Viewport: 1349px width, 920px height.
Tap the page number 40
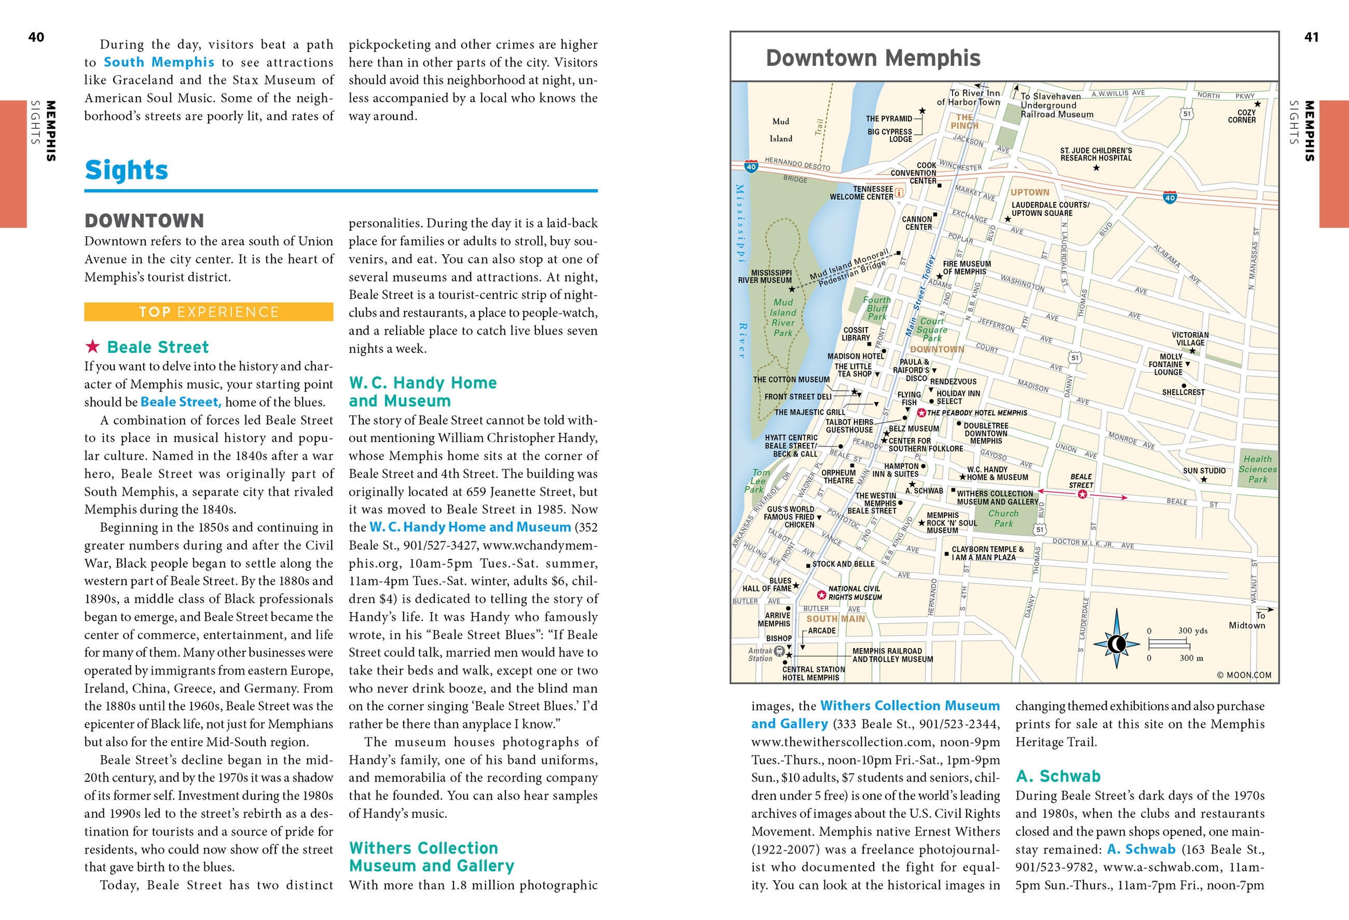pos(36,37)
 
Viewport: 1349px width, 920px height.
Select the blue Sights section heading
pos(126,170)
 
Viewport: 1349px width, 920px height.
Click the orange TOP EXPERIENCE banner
pos(209,312)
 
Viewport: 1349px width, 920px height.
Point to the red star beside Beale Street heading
pos(92,347)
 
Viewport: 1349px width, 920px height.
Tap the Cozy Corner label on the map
pos(1241,116)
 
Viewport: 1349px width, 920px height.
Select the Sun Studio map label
pos(1204,471)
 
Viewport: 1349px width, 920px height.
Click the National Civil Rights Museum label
pos(855,593)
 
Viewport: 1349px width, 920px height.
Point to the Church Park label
pos(1003,518)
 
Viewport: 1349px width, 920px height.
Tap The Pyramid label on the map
pos(889,119)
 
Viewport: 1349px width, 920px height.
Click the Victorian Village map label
pos(1190,339)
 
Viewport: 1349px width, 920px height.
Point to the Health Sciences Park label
pos(1257,469)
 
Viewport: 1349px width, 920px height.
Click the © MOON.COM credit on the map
pos(1243,675)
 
